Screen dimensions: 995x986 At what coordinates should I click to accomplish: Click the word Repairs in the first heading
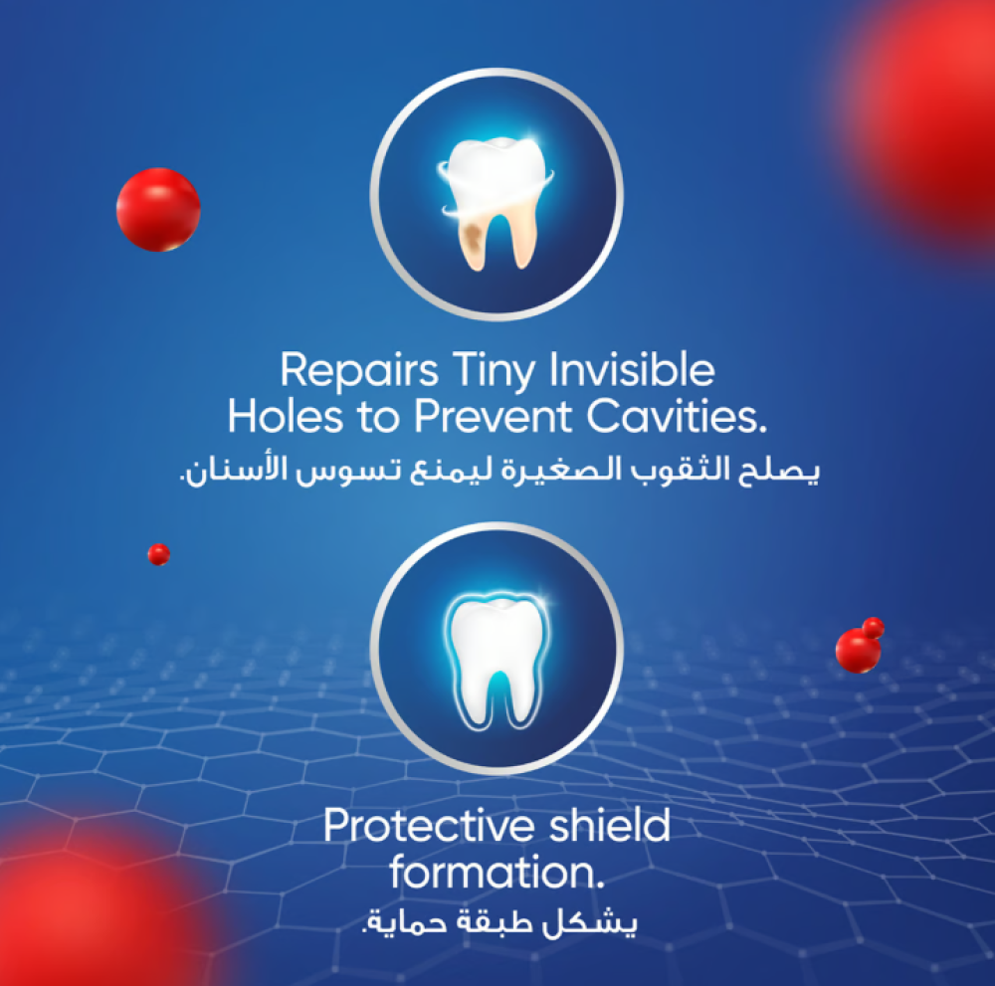[359, 371]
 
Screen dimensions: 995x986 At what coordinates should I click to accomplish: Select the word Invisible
[632, 369]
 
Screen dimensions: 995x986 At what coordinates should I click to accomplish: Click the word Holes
[286, 417]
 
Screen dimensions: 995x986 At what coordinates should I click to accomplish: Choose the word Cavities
[677, 417]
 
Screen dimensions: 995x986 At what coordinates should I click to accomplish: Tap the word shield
[609, 825]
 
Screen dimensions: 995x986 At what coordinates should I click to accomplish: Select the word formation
[497, 872]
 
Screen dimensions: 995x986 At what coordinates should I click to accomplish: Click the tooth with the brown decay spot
[495, 202]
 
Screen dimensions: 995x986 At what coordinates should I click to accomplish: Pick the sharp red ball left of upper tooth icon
[158, 209]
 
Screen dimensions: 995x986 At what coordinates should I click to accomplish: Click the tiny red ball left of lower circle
[158, 554]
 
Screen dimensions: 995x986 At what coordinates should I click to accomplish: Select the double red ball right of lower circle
[860, 645]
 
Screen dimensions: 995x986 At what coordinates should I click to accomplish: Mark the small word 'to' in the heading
[379, 418]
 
